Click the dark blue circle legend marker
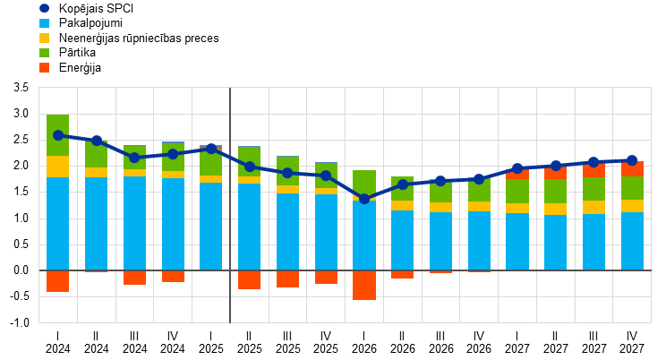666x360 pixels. click(44, 8)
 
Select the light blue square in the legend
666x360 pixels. click(44, 23)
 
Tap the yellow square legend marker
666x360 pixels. click(44, 39)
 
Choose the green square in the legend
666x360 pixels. click(44, 53)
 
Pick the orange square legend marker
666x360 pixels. click(44, 68)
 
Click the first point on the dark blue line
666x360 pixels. click(58, 135)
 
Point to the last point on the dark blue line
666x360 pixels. click(632, 160)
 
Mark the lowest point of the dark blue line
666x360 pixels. click(364, 199)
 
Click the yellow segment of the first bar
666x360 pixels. click(58, 167)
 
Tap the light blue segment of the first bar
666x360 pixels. click(58, 224)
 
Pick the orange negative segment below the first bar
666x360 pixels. click(58, 281)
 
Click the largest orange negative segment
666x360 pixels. click(364, 285)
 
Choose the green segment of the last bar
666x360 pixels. click(632, 188)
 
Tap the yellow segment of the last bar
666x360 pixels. click(632, 206)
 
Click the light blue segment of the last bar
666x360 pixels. click(632, 241)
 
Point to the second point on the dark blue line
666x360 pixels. click(97, 141)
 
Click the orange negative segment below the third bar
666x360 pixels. click(134, 278)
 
